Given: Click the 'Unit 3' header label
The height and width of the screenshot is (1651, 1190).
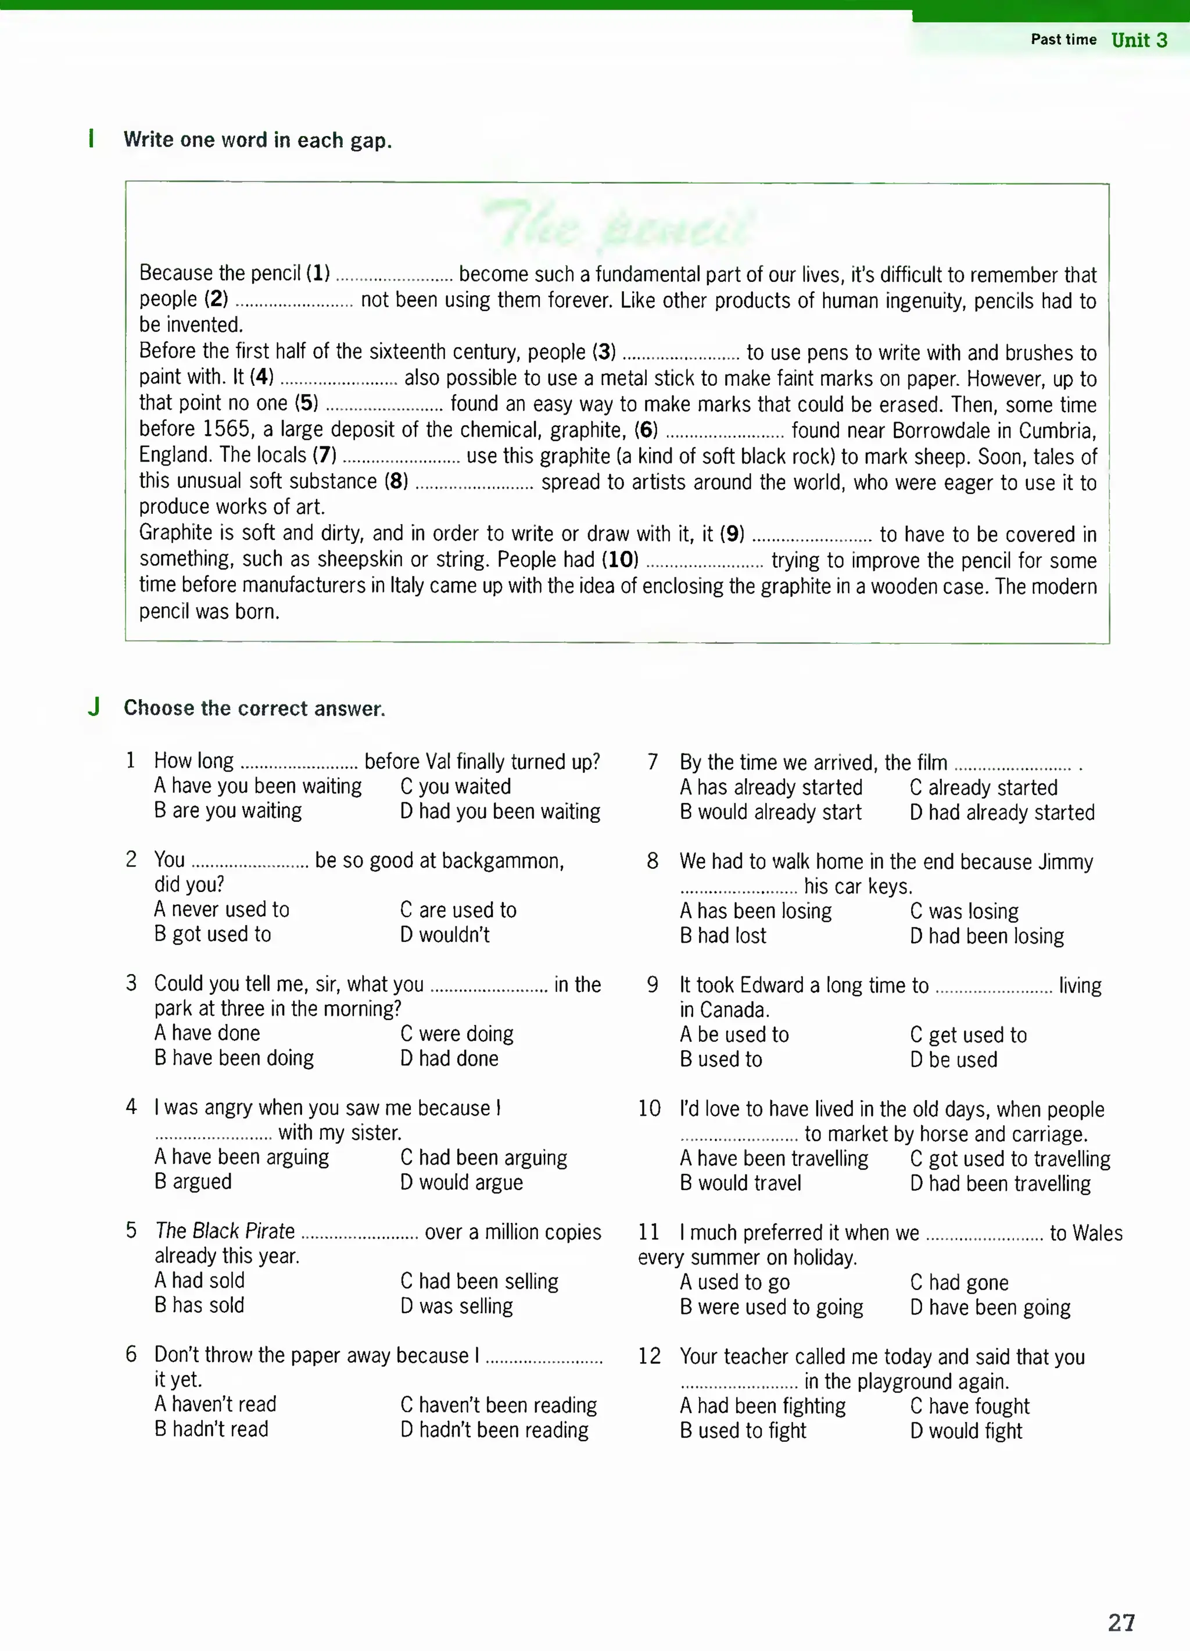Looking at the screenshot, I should coord(1138,40).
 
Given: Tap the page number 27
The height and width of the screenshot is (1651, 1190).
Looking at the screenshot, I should coord(1121,1623).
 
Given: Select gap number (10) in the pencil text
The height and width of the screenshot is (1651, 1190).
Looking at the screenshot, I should coord(620,560).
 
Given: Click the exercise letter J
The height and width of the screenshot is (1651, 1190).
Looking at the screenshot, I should coord(94,707).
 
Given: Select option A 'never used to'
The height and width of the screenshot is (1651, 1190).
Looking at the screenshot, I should coord(221,909).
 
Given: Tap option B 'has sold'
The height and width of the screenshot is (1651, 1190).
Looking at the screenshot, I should coord(199,1305).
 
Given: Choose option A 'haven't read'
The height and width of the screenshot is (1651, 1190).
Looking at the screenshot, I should coord(215,1404).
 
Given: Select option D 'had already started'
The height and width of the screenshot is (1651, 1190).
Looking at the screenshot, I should coord(1002,812).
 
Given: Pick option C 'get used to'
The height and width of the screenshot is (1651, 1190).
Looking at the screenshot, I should coord(968,1034).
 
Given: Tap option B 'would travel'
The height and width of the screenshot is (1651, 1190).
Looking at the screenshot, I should coord(740,1183).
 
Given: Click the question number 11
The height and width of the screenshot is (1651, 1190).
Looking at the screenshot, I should coord(648,1231).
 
